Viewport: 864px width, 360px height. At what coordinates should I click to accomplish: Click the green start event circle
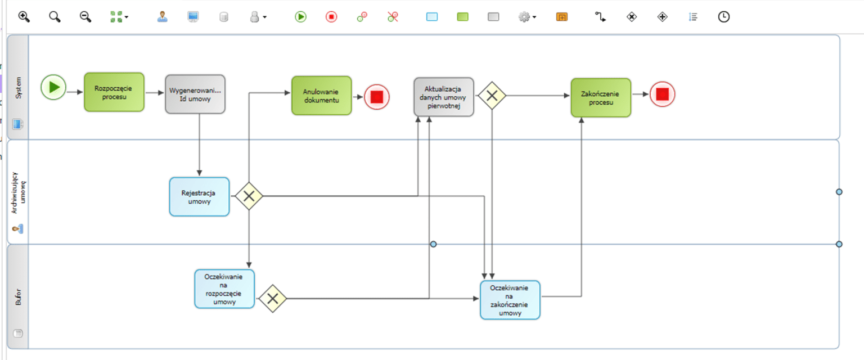[53, 87]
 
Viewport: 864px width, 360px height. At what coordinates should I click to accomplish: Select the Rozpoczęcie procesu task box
[114, 92]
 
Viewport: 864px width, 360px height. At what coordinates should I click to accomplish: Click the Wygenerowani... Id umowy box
[195, 94]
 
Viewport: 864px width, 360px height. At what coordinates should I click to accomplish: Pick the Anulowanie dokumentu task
[321, 96]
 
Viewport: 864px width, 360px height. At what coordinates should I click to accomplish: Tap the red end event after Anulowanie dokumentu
[376, 97]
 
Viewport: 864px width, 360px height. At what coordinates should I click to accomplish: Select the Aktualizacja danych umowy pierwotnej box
[444, 97]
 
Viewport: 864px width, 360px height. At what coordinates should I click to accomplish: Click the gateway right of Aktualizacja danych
[492, 96]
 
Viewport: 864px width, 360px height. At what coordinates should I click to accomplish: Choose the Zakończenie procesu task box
[601, 97]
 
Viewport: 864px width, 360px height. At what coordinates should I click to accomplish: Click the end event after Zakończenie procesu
[662, 94]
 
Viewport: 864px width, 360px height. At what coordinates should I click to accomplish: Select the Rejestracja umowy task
[199, 196]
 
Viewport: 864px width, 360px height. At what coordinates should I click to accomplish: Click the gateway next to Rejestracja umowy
[249, 196]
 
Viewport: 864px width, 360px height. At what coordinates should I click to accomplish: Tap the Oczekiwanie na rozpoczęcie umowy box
[224, 289]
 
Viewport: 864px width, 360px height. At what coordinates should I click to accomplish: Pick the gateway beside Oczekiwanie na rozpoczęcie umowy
[273, 298]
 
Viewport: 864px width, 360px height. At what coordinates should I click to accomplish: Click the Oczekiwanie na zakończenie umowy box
[510, 300]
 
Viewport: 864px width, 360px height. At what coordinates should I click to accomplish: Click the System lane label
[18, 88]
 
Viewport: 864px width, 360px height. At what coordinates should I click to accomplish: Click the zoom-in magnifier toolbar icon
[24, 17]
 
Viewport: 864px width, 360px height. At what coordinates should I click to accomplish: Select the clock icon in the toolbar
[723, 17]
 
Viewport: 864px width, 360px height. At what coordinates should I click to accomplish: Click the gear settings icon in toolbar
[524, 17]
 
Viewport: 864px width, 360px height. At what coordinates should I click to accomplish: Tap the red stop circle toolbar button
[331, 17]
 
